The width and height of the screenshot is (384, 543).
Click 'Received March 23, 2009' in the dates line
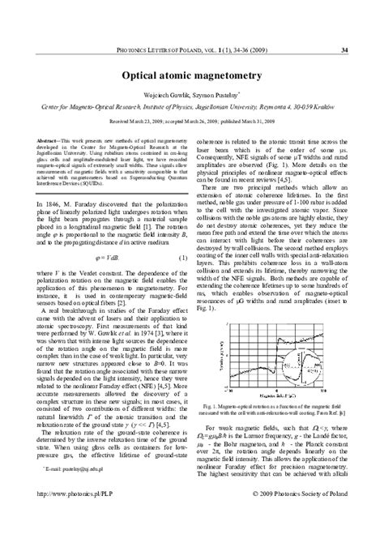[139, 120]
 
